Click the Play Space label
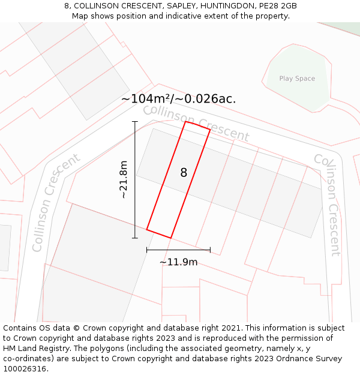click(x=297, y=79)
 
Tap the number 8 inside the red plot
click(x=184, y=173)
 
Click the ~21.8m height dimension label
click(x=124, y=179)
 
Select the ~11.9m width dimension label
click(x=178, y=262)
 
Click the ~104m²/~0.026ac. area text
click(x=178, y=99)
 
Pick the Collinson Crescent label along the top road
click(x=196, y=123)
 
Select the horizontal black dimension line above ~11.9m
click(x=178, y=250)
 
